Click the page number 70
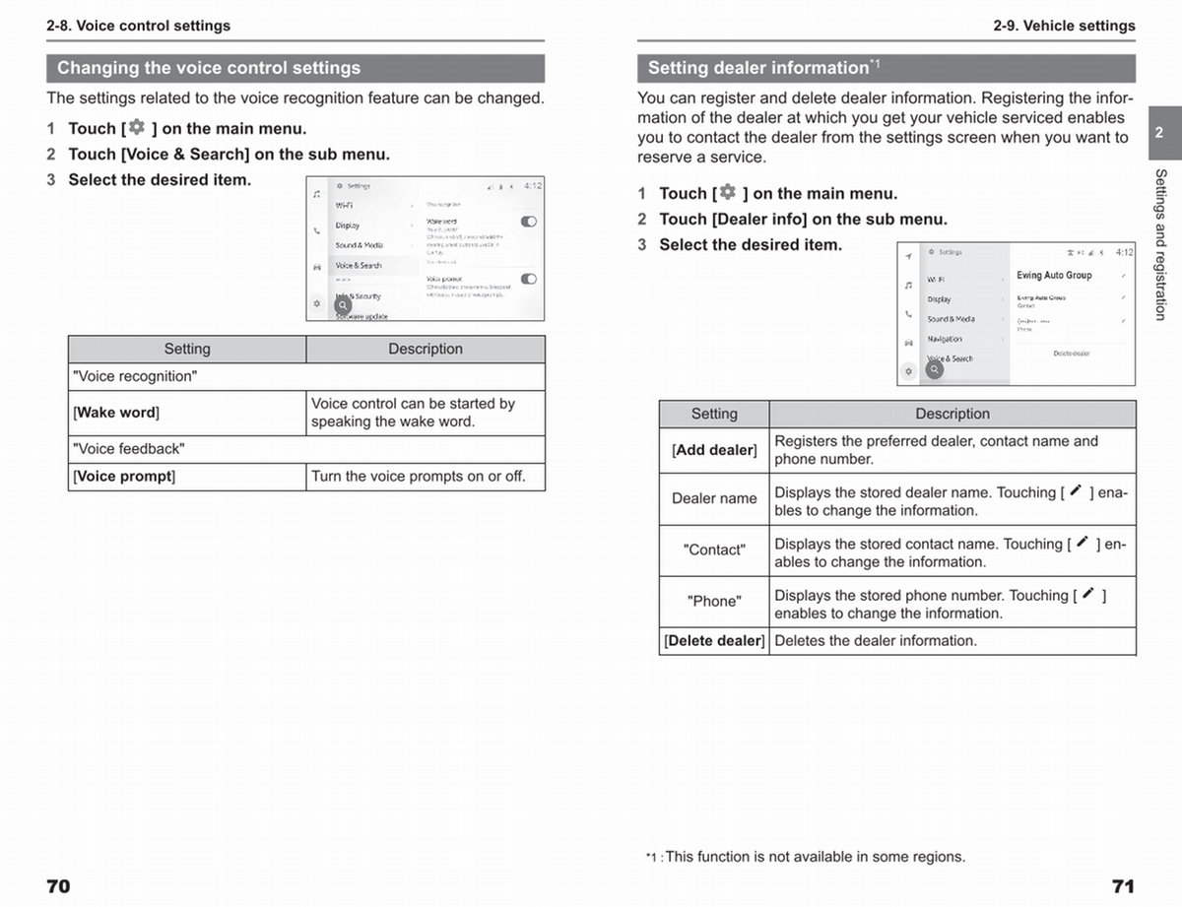point(58,886)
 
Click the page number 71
point(1123,886)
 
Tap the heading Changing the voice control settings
point(209,68)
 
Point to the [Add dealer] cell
point(714,450)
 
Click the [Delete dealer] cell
point(714,641)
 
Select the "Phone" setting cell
point(714,602)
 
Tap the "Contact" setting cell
point(714,551)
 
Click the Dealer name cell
point(714,498)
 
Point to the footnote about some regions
point(806,857)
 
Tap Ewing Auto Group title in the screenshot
point(1054,276)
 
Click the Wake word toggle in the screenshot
point(529,222)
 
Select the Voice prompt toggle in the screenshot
point(529,279)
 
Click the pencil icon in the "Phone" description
point(1087,594)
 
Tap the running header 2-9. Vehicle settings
point(1064,26)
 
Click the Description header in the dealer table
point(952,414)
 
